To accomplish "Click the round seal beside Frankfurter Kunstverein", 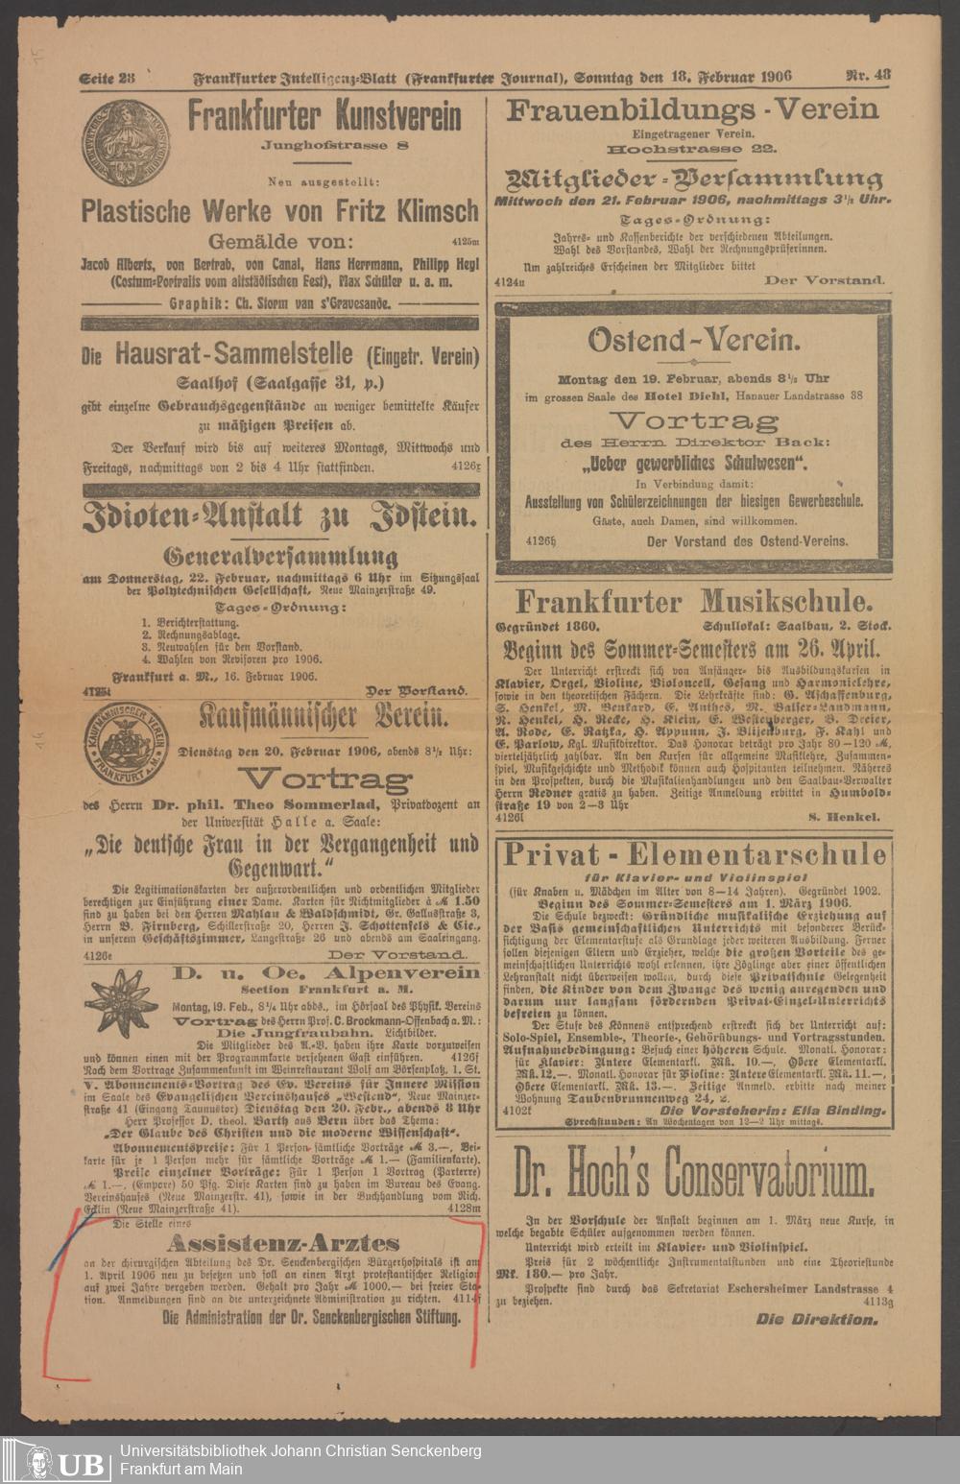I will tap(125, 144).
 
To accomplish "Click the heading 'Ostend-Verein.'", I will tap(693, 341).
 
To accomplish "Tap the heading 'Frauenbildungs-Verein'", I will tap(692, 110).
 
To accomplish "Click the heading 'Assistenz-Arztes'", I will tap(283, 1243).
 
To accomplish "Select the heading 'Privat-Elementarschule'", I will tap(693, 854).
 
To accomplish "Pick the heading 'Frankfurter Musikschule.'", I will tap(694, 602).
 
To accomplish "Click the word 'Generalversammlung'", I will tap(280, 556).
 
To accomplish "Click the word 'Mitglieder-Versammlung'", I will tap(693, 179).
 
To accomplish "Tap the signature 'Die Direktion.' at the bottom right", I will tap(816, 1319).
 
